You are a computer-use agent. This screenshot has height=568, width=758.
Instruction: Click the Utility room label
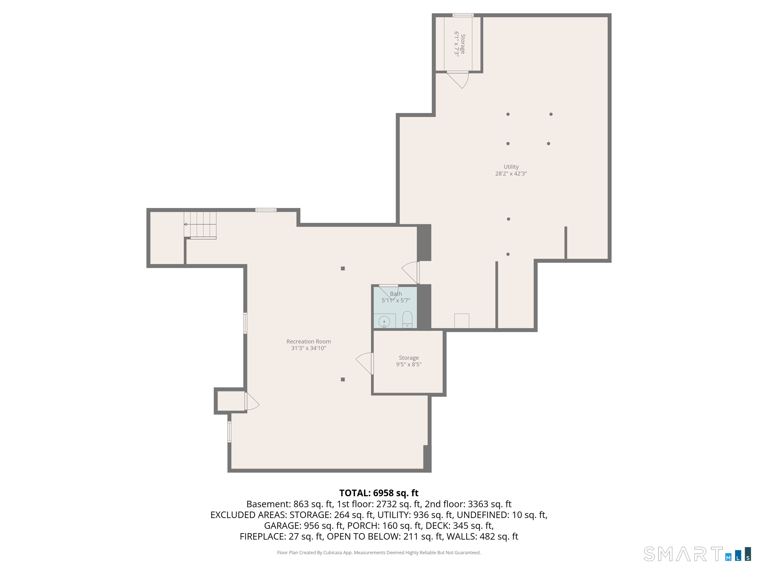pos(511,167)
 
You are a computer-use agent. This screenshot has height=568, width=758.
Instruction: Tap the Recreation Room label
pos(308,341)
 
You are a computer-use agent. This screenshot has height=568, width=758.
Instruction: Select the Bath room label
pos(396,294)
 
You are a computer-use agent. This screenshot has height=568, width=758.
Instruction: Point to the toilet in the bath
pos(407,319)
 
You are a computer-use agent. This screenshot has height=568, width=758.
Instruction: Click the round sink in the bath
pos(384,322)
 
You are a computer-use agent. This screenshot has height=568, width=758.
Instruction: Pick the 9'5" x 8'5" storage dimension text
pos(409,364)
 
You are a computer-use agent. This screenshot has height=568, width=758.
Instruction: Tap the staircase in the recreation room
pos(200,224)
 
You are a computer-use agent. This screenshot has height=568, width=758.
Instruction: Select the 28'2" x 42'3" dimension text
pos(511,174)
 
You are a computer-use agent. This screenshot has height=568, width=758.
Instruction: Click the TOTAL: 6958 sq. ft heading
pos(379,493)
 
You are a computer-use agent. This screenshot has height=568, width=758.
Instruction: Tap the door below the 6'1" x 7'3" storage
pos(458,80)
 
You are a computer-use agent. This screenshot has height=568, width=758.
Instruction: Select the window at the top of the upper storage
pos(463,15)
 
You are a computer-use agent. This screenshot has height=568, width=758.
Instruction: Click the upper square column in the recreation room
pos(343,268)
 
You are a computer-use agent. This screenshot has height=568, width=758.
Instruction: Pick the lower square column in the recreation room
pos(343,379)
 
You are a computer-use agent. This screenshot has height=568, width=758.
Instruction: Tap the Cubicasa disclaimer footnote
pos(379,552)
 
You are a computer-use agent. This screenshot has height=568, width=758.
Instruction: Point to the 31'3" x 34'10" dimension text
pos(308,348)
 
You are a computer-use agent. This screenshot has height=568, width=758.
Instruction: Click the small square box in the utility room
pos(461,321)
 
